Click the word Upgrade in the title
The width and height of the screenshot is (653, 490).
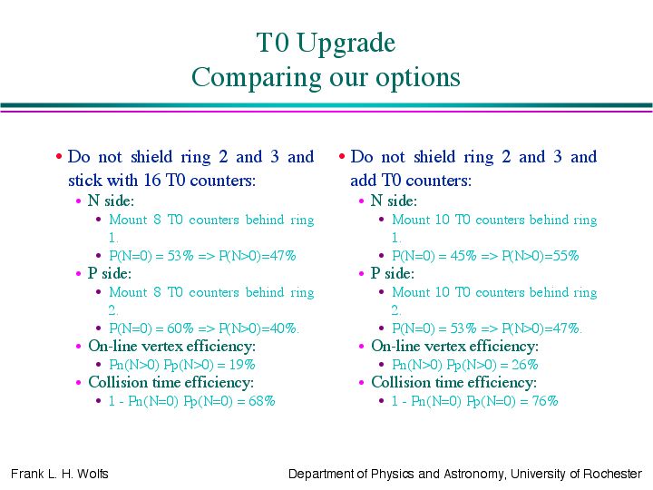(346, 44)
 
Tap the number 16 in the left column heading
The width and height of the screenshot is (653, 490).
(152, 180)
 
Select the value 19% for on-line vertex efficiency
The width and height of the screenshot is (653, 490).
(242, 365)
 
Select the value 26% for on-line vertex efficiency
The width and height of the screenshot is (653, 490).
(525, 365)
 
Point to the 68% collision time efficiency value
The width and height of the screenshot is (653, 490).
(261, 401)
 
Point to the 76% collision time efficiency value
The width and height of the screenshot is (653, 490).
(545, 401)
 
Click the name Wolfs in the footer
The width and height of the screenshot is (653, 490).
(93, 474)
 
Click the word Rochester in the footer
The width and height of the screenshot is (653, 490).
(612, 474)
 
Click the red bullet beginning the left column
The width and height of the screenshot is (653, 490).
(59, 157)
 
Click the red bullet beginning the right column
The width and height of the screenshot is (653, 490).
(342, 157)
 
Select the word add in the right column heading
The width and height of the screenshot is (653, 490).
(363, 180)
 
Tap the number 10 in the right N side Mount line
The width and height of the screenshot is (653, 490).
(442, 220)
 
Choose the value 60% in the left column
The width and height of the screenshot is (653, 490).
(180, 328)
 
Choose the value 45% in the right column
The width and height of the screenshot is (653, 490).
(463, 256)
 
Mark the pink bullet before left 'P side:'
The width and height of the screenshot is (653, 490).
(78, 274)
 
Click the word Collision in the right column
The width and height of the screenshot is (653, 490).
(399, 382)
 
